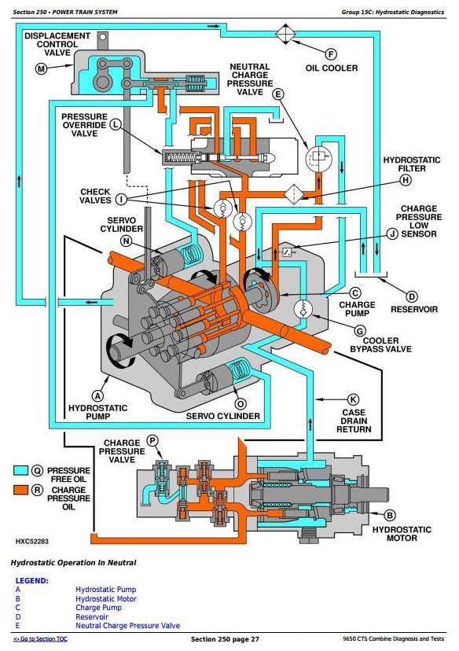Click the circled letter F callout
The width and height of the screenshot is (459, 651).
(331, 54)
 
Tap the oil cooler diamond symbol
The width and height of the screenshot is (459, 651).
(285, 34)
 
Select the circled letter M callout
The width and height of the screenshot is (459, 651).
(41, 69)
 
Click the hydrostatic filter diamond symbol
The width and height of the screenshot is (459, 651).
(294, 194)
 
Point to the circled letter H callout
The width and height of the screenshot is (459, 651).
(406, 180)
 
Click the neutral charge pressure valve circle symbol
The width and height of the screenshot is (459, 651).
(318, 158)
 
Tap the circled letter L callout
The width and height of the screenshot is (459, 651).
(116, 124)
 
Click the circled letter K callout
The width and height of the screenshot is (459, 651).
(353, 399)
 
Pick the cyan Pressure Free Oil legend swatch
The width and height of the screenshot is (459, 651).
(20, 470)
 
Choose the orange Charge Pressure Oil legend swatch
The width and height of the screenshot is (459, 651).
(20, 490)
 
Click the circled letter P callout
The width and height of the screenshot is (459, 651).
(152, 440)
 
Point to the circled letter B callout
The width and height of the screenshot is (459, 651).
(389, 515)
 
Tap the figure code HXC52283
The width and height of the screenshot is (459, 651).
(32, 542)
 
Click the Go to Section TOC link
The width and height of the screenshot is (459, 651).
(40, 639)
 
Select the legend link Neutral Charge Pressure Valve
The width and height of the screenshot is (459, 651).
(128, 626)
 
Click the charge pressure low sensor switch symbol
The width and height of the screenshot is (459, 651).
(287, 251)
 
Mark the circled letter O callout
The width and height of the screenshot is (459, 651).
(241, 404)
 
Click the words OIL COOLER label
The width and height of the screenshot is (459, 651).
(332, 68)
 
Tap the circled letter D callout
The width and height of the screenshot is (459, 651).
(411, 297)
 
